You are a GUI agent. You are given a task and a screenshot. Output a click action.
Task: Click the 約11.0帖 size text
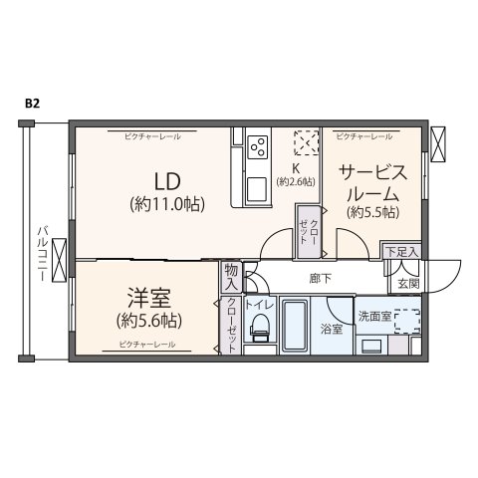[166, 204]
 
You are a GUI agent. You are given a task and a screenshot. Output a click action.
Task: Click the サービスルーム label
[372, 182]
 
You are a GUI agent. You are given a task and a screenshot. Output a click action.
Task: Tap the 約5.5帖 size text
[372, 212]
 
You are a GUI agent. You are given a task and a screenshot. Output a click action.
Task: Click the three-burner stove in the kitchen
[259, 146]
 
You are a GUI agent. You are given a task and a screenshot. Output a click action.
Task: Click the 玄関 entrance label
[408, 285]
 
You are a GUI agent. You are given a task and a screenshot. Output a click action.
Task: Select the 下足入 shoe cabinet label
[403, 254]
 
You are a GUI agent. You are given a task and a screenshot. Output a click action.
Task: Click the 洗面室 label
[375, 317]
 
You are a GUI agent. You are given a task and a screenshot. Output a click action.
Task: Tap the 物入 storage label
[230, 276]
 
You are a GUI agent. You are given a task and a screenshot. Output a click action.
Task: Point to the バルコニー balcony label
[42, 254]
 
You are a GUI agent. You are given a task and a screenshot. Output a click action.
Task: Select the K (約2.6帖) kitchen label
[297, 175]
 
